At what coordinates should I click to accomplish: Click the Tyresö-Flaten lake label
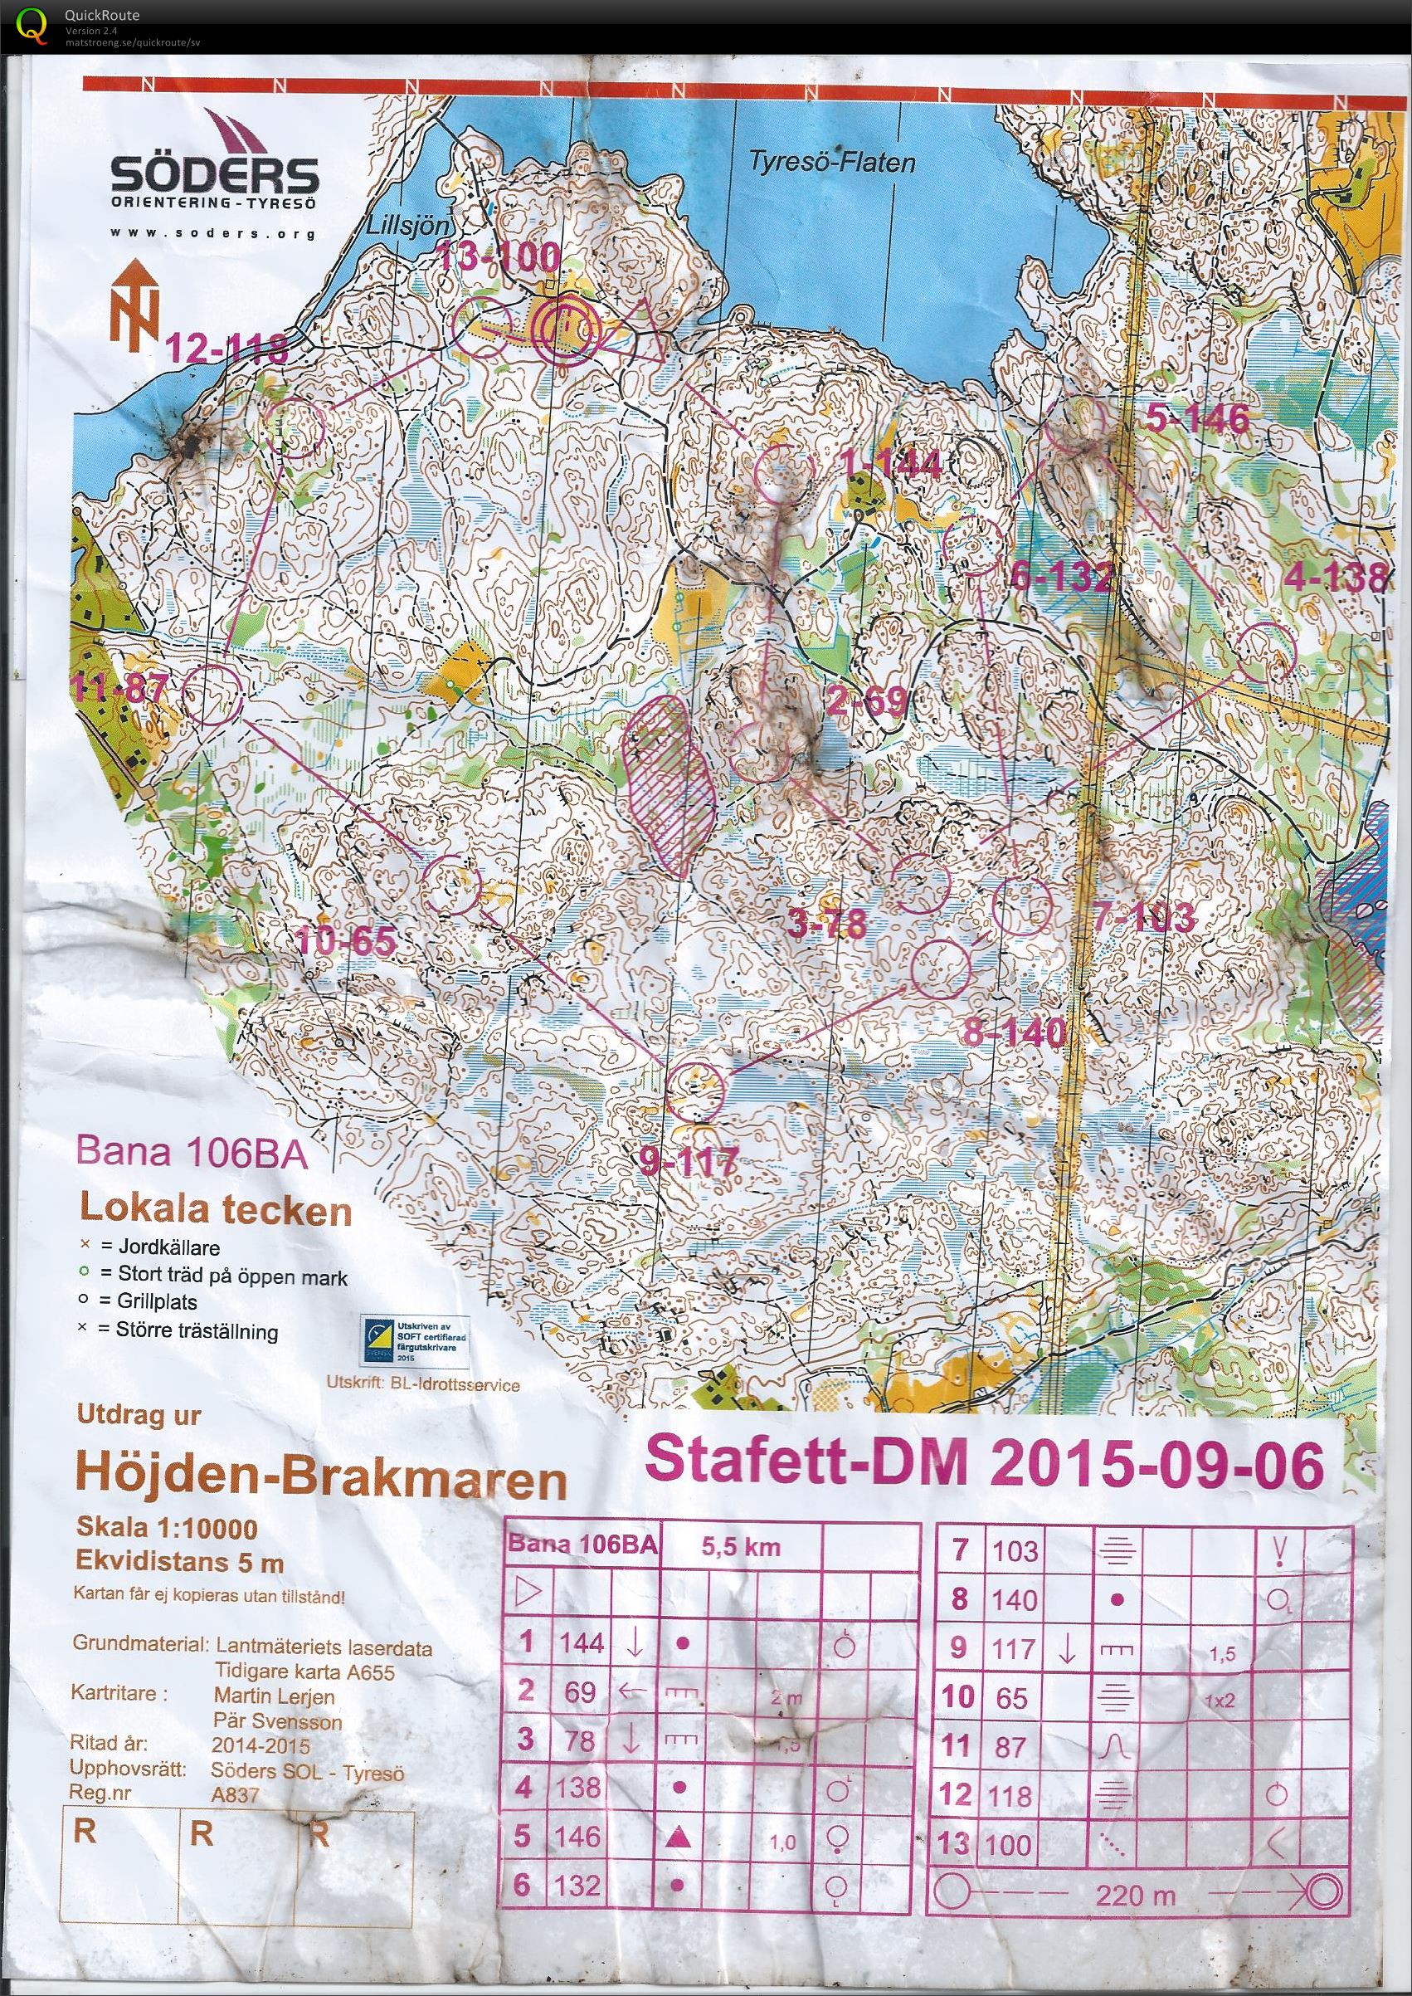832,162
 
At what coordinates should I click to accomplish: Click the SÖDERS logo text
214,175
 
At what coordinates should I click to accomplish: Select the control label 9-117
689,1161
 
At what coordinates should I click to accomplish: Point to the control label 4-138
1335,578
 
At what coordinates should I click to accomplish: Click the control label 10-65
347,942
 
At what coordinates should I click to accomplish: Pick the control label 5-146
1197,418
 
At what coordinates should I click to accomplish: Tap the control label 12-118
227,349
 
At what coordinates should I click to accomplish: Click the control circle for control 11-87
212,693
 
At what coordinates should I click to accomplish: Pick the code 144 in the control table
581,1643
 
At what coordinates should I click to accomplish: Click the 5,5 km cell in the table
741,1547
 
